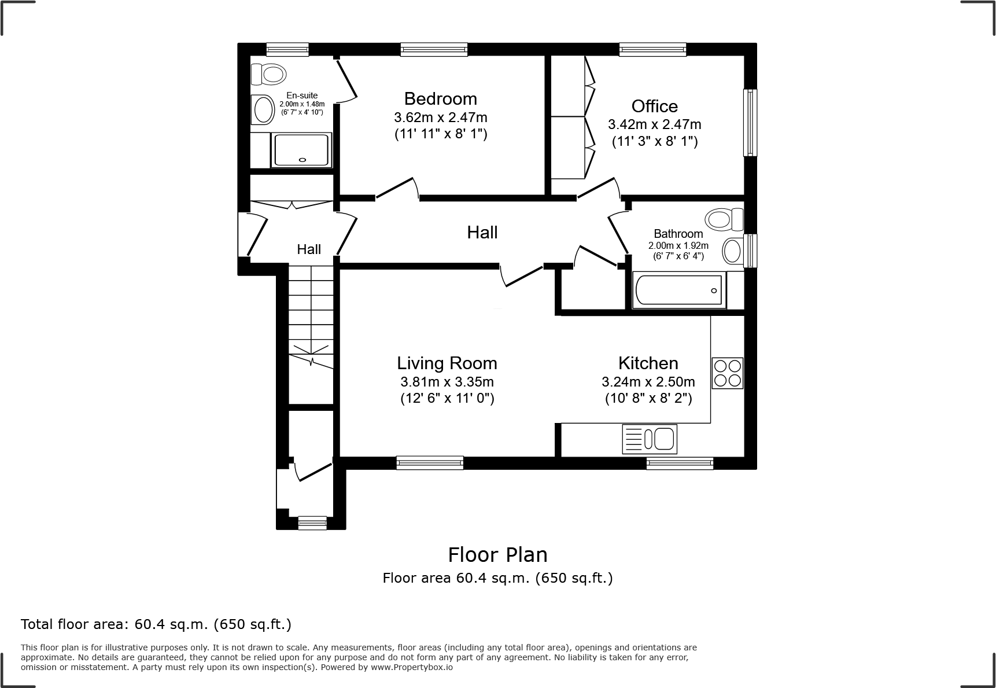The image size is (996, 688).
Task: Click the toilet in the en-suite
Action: (x=268, y=73)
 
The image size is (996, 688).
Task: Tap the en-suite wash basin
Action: (x=263, y=109)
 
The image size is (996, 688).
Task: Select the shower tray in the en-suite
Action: (x=301, y=150)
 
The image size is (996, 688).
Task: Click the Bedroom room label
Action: (x=440, y=98)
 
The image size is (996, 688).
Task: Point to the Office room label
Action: (x=654, y=106)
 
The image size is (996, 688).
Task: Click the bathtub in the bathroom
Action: (x=678, y=290)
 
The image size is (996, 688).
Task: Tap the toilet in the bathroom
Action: (x=723, y=219)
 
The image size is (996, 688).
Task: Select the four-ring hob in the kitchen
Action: (x=727, y=373)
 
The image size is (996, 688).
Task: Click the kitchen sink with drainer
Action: (x=649, y=439)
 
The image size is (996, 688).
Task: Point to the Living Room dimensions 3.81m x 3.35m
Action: (x=447, y=382)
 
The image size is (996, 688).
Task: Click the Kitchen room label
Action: (x=648, y=363)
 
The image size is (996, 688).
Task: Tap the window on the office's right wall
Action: (x=750, y=122)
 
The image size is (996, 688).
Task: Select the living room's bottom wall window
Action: (x=430, y=462)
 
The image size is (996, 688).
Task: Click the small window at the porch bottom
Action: (x=312, y=523)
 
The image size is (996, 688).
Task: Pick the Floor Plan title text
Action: (x=497, y=554)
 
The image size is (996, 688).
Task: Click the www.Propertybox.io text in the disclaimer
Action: (x=411, y=667)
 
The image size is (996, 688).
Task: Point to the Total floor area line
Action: (x=156, y=624)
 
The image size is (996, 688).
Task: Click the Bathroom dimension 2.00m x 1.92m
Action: (x=678, y=245)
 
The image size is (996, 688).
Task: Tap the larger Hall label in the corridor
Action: (x=482, y=232)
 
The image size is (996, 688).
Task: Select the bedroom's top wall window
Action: (x=434, y=49)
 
